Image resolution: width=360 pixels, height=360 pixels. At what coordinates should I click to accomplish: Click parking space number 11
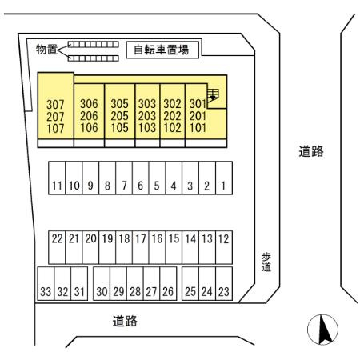(57, 186)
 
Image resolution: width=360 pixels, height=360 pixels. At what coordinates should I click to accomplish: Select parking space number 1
(224, 186)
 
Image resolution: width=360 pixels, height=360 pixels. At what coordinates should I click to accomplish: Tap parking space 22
(57, 238)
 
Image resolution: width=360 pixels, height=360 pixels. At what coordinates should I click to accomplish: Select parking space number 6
(140, 186)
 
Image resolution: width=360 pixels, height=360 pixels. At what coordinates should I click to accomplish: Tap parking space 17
(140, 238)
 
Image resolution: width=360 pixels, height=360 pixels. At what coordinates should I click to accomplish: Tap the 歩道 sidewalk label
(266, 262)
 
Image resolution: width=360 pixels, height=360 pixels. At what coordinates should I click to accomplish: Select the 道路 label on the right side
(311, 151)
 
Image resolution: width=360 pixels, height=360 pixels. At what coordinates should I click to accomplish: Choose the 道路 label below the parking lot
(125, 322)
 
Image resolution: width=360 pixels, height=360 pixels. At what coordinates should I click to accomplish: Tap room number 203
(147, 115)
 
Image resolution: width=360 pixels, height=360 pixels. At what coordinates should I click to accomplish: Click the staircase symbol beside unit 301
(213, 97)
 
